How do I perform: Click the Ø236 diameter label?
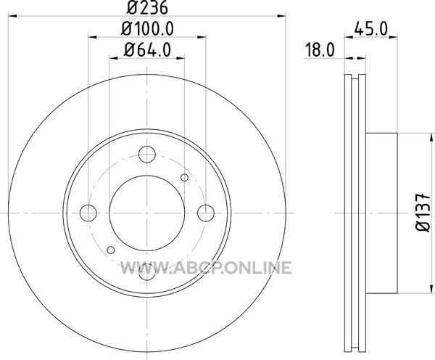147,7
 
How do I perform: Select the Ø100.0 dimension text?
147,28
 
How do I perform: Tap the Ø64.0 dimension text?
147,50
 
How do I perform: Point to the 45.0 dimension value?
370,29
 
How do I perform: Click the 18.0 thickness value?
320,50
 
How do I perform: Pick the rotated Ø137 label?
423,213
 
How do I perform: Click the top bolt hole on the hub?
147,154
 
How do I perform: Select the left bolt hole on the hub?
88,213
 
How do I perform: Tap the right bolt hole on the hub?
206,213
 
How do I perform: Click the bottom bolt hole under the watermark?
147,272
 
